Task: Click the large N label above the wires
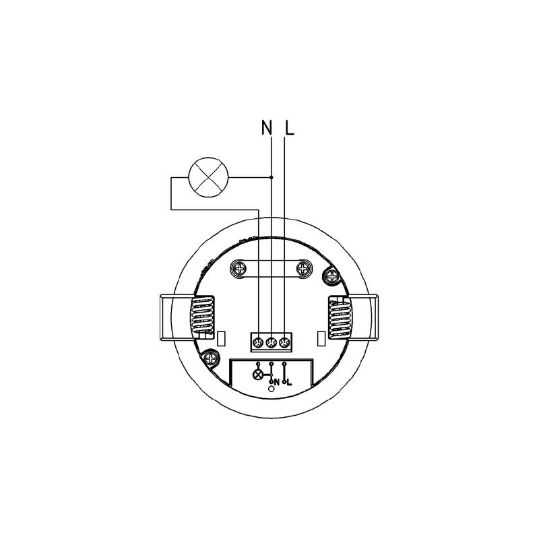(x=267, y=127)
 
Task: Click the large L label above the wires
(x=290, y=127)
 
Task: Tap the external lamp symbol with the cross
(x=209, y=177)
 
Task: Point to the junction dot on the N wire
(x=272, y=177)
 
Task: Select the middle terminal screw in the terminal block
(x=271, y=342)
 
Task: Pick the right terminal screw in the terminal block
(x=284, y=342)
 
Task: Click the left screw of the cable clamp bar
(x=239, y=267)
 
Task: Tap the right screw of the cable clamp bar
(x=304, y=267)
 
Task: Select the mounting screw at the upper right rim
(x=332, y=276)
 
